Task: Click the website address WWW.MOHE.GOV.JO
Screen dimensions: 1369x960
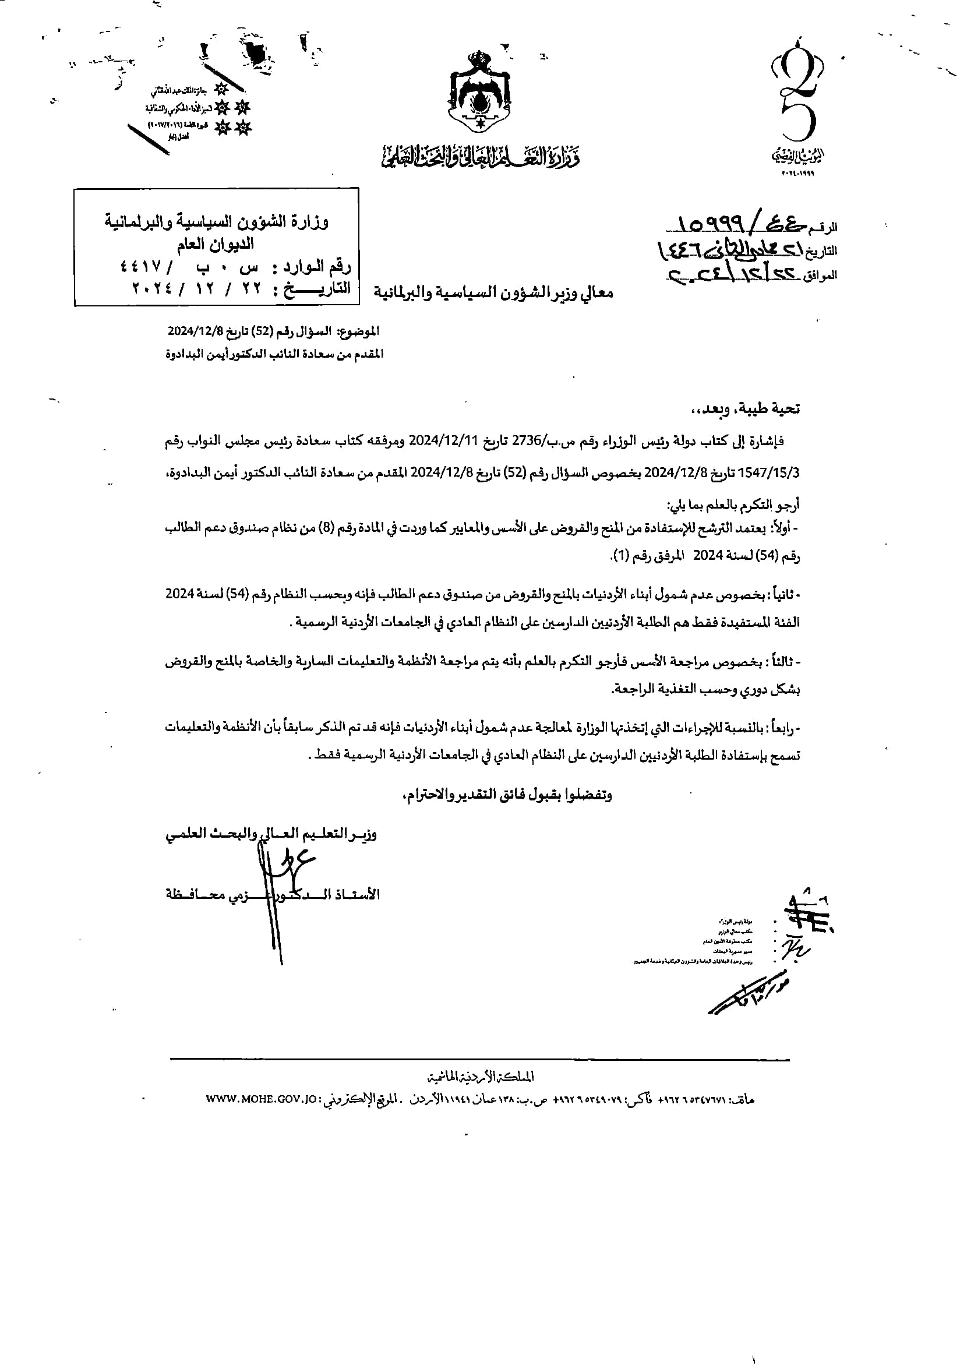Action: (259, 1099)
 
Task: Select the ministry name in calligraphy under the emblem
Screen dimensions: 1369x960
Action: (480, 157)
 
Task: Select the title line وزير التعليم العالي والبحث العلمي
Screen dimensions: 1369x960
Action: (271, 834)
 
